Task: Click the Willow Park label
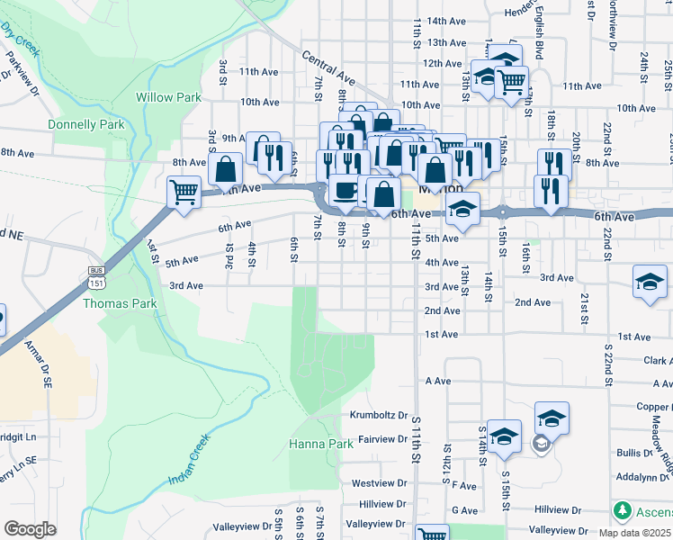[x=156, y=97]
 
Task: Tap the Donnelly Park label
[x=86, y=125]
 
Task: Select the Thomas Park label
[x=120, y=304]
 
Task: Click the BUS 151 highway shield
[x=96, y=278]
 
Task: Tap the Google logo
[x=30, y=529]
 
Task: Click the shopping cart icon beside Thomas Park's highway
[x=184, y=190]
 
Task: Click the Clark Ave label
[x=658, y=361]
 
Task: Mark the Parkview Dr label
[x=23, y=72]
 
